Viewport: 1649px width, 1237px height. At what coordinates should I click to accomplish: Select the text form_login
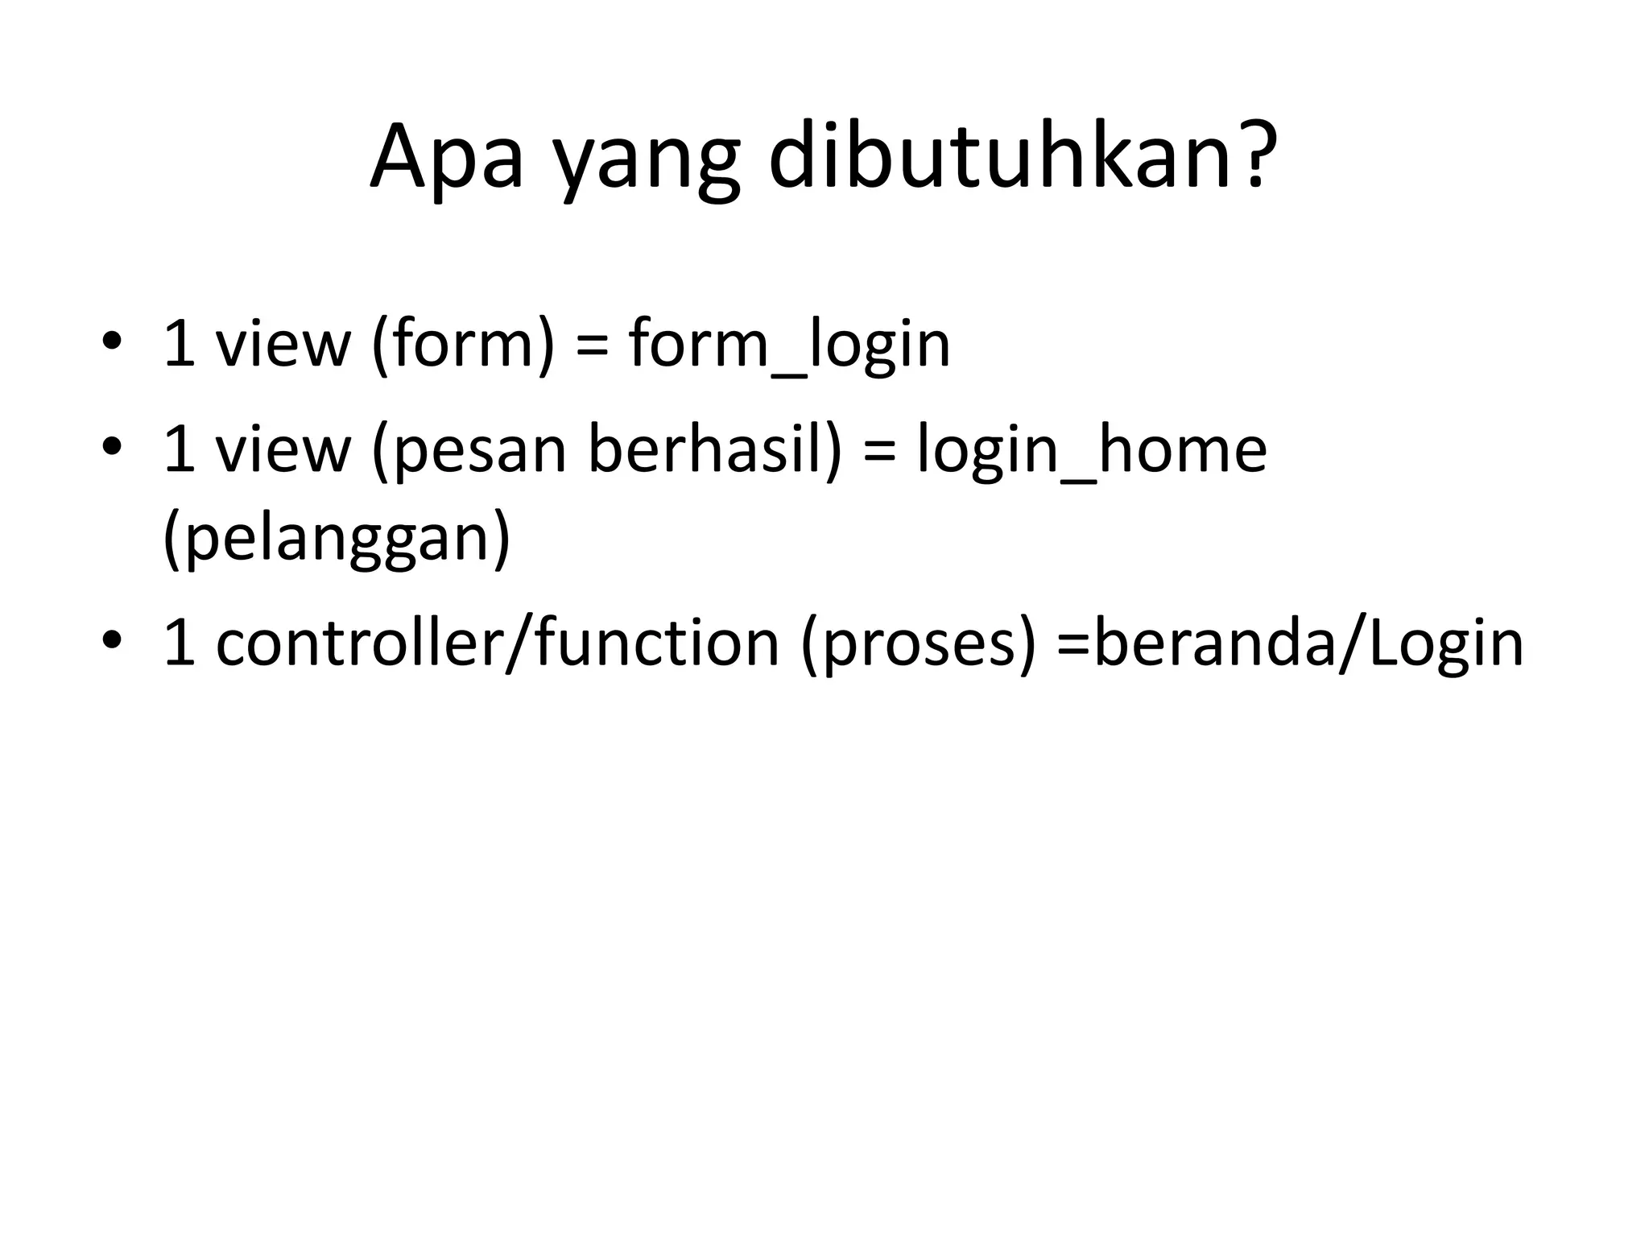point(789,345)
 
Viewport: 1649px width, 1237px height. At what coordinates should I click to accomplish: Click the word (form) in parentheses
point(464,345)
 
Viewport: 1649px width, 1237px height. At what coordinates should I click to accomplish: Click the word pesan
point(475,451)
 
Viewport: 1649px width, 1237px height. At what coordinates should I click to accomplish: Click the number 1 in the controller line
point(179,644)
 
